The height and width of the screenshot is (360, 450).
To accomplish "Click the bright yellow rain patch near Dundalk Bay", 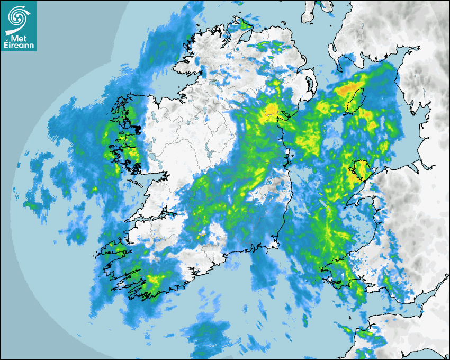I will point(272,110).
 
